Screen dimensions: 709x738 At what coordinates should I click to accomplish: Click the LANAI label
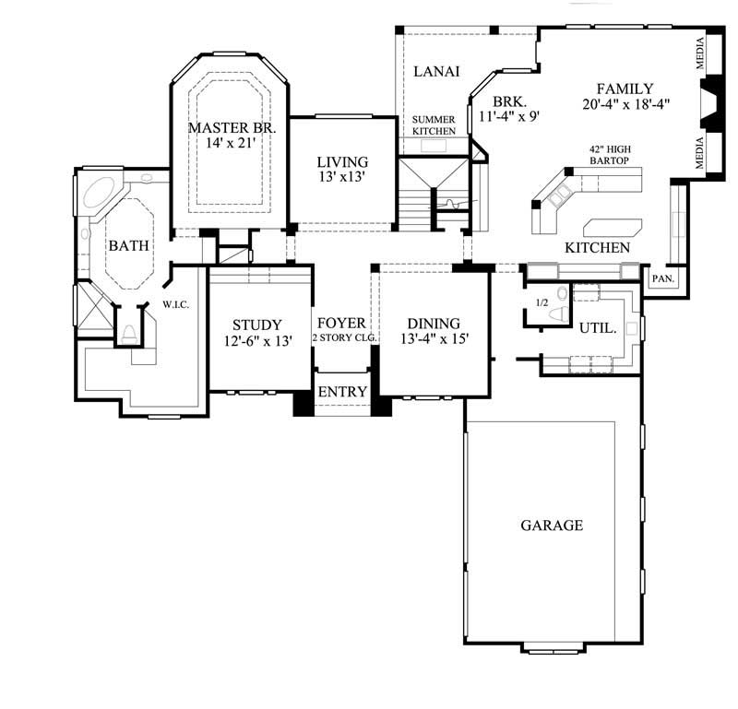(x=436, y=71)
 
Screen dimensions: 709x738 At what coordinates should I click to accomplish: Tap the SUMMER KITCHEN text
(x=434, y=125)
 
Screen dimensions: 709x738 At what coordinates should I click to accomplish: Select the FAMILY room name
(x=625, y=89)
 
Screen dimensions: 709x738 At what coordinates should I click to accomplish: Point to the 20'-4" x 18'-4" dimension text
(x=625, y=104)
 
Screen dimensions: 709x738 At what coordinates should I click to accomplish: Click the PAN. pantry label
(x=662, y=277)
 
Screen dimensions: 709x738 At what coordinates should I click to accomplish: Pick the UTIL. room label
(x=598, y=327)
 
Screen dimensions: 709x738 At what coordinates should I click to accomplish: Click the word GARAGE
(x=552, y=526)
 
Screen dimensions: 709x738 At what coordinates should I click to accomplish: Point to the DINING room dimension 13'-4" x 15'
(x=434, y=338)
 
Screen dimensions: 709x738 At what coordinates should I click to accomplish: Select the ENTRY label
(x=342, y=392)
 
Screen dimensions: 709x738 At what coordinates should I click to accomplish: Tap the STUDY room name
(x=256, y=325)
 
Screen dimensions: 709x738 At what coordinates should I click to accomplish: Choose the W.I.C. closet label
(x=175, y=305)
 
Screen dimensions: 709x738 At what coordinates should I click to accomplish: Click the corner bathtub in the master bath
(x=95, y=195)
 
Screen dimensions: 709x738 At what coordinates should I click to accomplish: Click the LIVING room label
(x=342, y=161)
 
